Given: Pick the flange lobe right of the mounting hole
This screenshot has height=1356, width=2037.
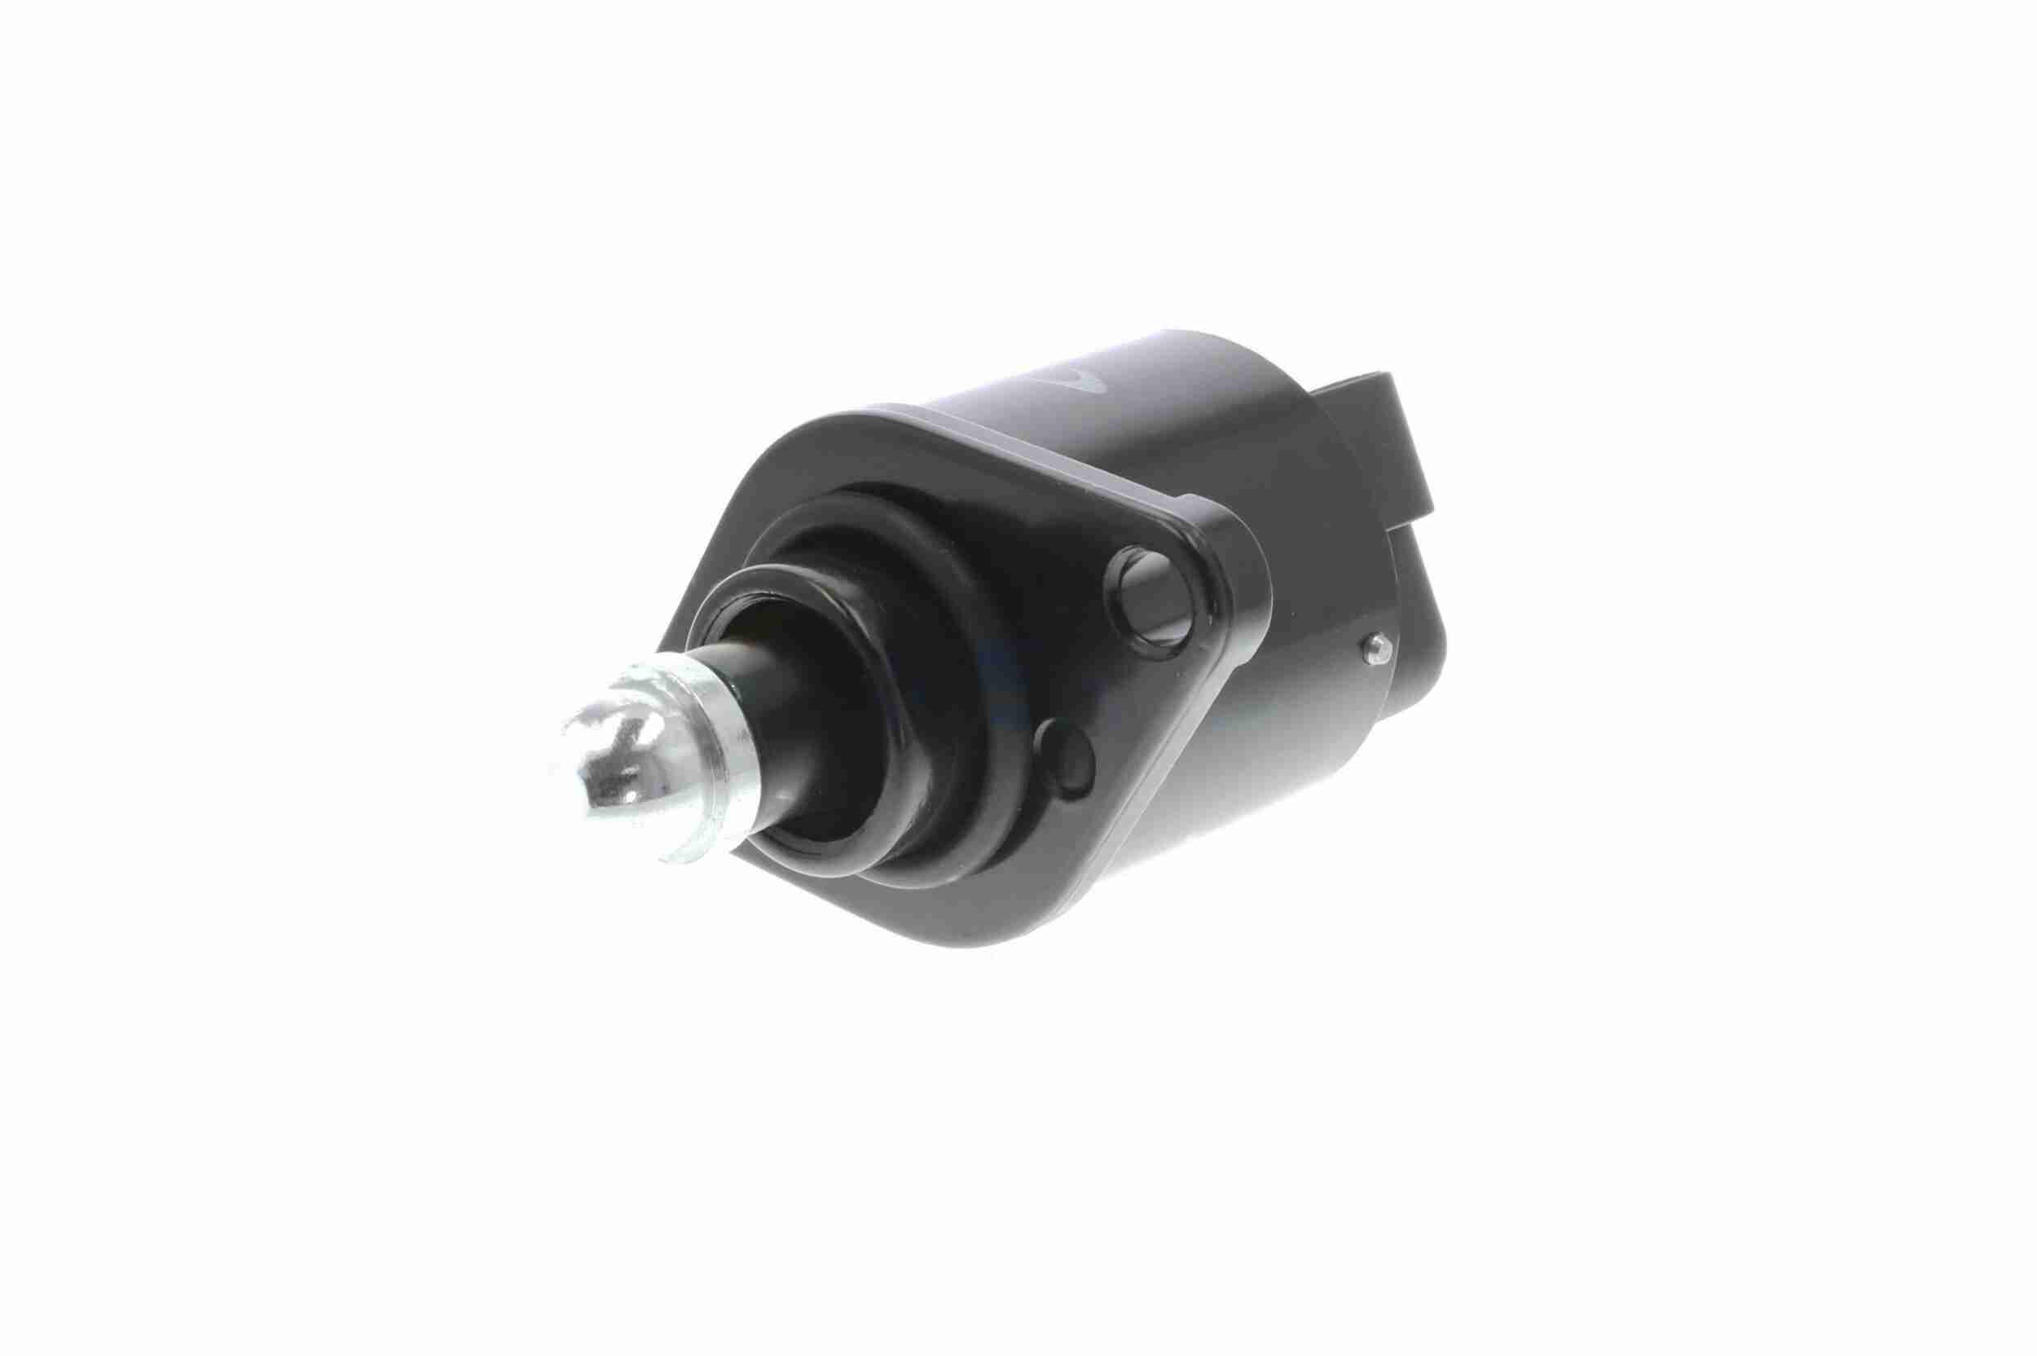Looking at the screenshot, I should pyautogui.click(x=1236, y=597).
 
